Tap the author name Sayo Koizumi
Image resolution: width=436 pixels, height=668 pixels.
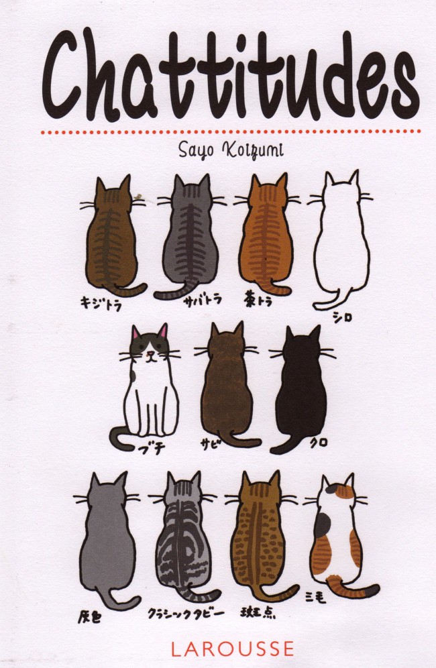point(231,150)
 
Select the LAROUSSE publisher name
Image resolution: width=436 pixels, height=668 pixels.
point(232,649)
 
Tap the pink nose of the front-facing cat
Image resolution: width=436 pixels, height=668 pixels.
point(149,353)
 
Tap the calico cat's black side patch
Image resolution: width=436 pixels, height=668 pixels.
point(322,525)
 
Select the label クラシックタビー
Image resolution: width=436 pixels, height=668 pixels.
point(186,614)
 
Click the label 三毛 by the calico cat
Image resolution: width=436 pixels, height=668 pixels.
point(316,598)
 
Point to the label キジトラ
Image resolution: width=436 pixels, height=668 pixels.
point(101,303)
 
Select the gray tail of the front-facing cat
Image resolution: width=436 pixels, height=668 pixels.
point(121,439)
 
